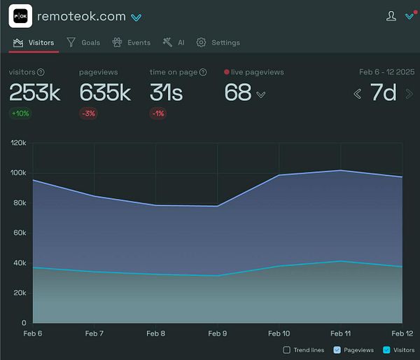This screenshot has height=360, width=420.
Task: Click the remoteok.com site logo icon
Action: pyautogui.click(x=20, y=15)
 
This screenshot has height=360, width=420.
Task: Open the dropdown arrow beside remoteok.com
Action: pyautogui.click(x=137, y=17)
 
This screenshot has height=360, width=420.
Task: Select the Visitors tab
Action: pyautogui.click(x=34, y=43)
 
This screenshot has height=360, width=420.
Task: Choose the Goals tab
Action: pyautogui.click(x=83, y=43)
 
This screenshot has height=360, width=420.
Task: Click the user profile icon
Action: pyautogui.click(x=391, y=15)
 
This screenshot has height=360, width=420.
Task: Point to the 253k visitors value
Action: pyautogui.click(x=35, y=92)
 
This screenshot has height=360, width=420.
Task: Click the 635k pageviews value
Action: pyautogui.click(x=105, y=92)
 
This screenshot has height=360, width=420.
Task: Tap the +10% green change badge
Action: pyautogui.click(x=20, y=113)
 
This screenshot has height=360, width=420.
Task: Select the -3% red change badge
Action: pyautogui.click(x=88, y=113)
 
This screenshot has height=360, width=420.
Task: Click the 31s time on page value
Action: pyautogui.click(x=167, y=92)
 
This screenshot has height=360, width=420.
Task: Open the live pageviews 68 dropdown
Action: pyautogui.click(x=260, y=95)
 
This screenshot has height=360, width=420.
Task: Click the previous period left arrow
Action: pyautogui.click(x=357, y=93)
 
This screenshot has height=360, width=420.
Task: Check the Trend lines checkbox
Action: pyautogui.click(x=286, y=349)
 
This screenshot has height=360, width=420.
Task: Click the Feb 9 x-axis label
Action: pyautogui.click(x=217, y=333)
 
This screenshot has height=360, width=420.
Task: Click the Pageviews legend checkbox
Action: pyautogui.click(x=337, y=349)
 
